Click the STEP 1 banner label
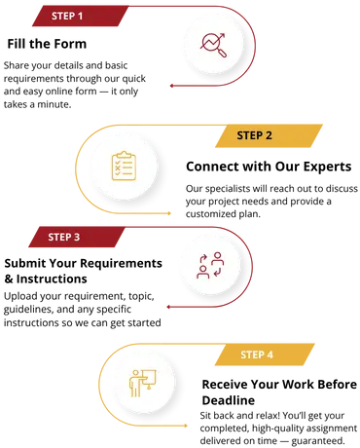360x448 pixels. point(67,17)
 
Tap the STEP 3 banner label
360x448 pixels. point(64,237)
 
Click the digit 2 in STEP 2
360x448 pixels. point(270,135)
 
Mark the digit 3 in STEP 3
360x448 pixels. point(78,237)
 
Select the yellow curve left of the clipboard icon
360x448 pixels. point(77,166)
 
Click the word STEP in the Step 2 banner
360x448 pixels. point(248,135)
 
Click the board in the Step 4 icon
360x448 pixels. point(150,376)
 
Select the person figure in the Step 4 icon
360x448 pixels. point(135,384)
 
